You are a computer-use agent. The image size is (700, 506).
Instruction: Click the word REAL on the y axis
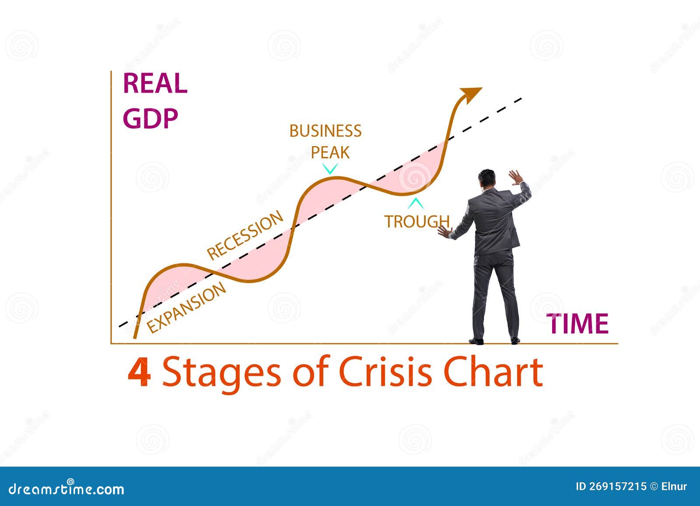pos(155,84)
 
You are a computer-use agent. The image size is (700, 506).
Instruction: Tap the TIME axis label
pos(578,324)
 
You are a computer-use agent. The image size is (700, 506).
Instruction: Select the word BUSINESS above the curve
pos(325,131)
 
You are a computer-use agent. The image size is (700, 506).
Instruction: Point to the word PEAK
pos(330,153)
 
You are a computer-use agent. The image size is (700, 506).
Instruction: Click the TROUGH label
pos(416,221)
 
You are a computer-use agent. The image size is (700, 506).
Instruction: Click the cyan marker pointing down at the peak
pos(330,168)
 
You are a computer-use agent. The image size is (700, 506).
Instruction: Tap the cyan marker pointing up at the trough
pos(416,203)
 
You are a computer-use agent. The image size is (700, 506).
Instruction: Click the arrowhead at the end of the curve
pos(471,94)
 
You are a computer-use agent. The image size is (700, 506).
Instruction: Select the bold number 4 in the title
pos(140,372)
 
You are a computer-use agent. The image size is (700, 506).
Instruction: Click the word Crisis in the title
pos(387,372)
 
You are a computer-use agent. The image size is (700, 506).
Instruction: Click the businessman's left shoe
pos(476,341)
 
